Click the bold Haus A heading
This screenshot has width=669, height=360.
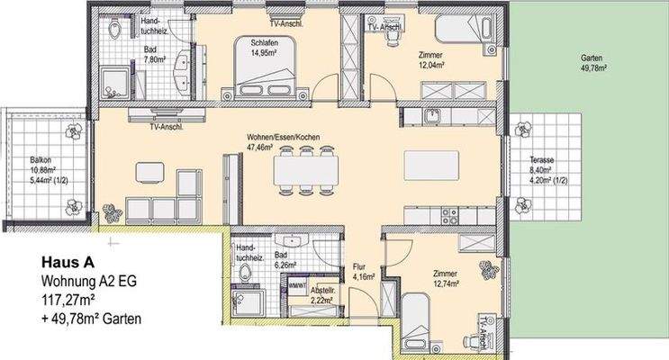[66, 263]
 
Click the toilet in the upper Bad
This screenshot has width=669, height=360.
[113, 30]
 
